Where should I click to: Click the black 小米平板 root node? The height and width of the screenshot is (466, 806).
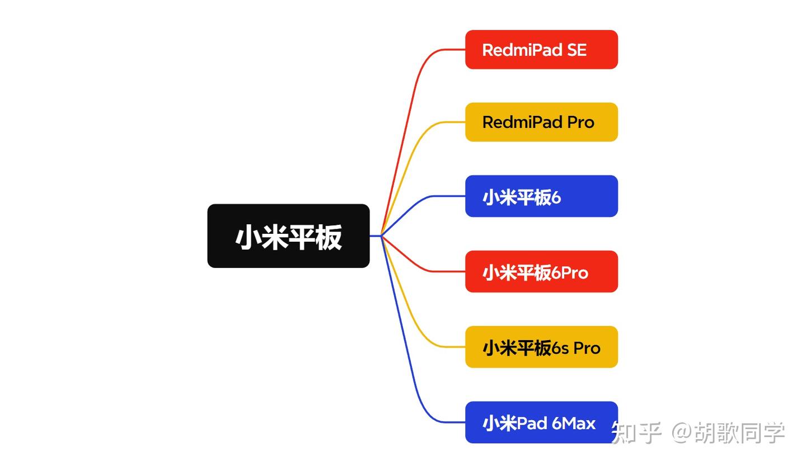(288, 236)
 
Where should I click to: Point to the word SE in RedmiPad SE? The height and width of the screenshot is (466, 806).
(577, 50)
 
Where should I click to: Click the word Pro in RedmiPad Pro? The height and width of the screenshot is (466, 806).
(580, 122)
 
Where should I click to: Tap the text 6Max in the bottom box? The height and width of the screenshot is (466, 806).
(574, 423)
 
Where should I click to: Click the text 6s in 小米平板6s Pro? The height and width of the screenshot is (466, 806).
(560, 348)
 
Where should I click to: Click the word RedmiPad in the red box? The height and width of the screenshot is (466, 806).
(522, 50)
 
